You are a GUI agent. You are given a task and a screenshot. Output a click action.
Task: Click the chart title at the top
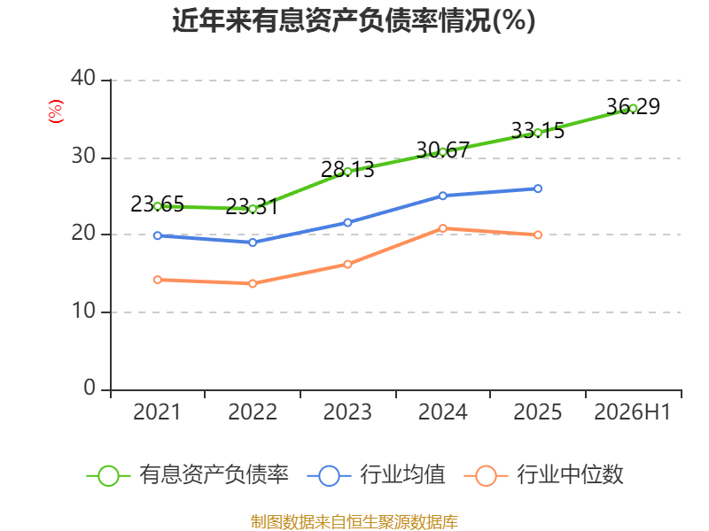pos(354,20)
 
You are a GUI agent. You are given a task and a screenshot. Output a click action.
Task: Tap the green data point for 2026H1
pos(633,108)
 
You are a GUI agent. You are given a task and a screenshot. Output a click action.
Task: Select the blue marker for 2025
pos(538,189)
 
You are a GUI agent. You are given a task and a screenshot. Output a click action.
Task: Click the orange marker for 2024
pos(442,228)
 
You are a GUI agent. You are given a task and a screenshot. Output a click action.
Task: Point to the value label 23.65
pos(157,204)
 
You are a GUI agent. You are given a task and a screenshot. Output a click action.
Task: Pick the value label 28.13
pos(347,170)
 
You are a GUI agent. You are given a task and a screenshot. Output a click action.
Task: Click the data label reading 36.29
pos(633,106)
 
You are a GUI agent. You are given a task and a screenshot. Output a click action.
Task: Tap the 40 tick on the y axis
pos(83,78)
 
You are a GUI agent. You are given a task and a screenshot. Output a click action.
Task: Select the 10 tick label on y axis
pos(83,311)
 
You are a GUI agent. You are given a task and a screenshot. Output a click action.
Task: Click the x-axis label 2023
pos(347,412)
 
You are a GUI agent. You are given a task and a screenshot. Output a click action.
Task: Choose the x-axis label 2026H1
pos(633,412)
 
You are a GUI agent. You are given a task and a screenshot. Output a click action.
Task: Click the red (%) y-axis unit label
pos(56,112)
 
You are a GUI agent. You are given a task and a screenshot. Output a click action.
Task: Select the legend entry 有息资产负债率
pos(187,475)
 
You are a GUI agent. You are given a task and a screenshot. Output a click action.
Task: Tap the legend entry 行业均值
pos(376,475)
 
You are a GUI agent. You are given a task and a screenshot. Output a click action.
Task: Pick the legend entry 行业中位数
pos(544,475)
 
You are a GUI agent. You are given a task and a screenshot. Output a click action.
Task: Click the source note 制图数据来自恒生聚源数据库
pos(354,522)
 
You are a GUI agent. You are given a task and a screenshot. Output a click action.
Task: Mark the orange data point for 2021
pos(158,280)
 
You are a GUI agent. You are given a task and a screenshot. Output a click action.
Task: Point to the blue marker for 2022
pos(253,242)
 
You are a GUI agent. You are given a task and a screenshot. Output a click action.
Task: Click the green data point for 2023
pos(347,172)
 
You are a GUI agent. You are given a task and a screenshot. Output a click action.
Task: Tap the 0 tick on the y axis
pos(90,388)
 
